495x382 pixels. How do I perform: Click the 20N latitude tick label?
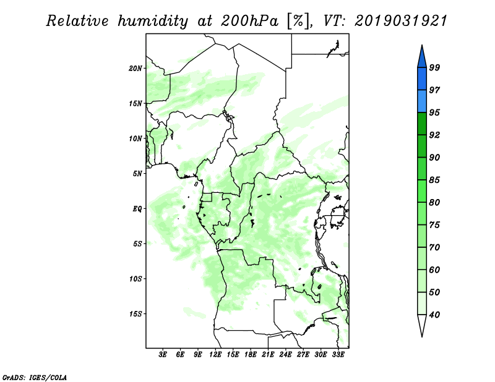click(x=136, y=68)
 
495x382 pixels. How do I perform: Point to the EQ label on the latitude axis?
click(x=137, y=208)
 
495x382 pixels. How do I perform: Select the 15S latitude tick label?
click(x=136, y=313)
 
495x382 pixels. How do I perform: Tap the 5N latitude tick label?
click(x=137, y=174)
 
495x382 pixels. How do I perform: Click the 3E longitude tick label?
click(x=162, y=354)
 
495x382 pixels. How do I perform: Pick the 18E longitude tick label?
click(x=251, y=354)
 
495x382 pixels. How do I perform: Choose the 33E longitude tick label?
click(x=338, y=354)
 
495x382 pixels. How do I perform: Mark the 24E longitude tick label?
click(x=285, y=354)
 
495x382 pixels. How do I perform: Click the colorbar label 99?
click(x=434, y=67)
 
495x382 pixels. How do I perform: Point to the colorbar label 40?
click(x=434, y=315)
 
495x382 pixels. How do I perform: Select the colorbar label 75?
click(x=434, y=224)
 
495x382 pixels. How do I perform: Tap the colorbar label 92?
click(x=434, y=135)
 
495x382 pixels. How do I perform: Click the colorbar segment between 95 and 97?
click(x=422, y=101)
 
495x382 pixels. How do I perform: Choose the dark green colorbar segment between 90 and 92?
click(x=422, y=146)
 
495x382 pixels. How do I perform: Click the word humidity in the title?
click(x=153, y=21)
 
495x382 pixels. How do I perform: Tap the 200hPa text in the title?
click(x=249, y=21)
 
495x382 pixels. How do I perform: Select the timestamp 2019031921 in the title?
click(x=401, y=21)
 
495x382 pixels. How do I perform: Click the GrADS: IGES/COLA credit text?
click(x=35, y=377)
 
